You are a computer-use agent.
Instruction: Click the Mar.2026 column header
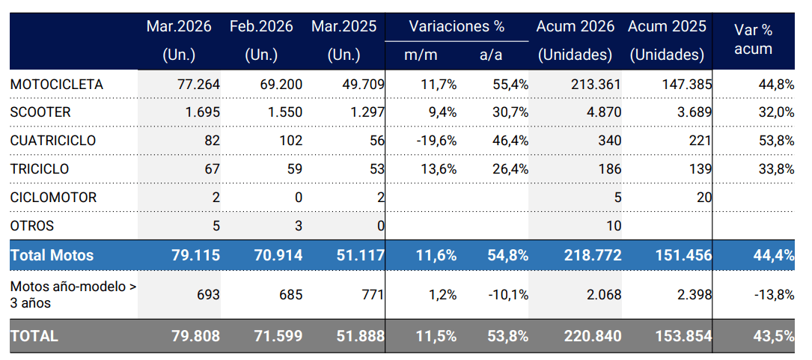pos(179,26)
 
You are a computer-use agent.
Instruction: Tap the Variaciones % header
pos(457,26)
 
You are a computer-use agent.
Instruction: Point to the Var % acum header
pos(754,39)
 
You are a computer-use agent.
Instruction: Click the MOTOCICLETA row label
pos(57,85)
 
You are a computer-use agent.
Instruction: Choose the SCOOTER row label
pos(40,112)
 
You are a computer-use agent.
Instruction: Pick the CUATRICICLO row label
pos(53,141)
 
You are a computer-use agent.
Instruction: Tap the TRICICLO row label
pos(40,169)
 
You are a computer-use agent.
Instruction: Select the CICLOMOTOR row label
pos(53,198)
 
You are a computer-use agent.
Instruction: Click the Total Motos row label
pos(52,255)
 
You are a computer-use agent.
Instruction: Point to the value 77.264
pos(198,85)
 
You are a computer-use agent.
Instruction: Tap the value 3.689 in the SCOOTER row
pos(694,112)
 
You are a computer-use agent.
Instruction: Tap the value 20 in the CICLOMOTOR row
pos(703,198)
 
